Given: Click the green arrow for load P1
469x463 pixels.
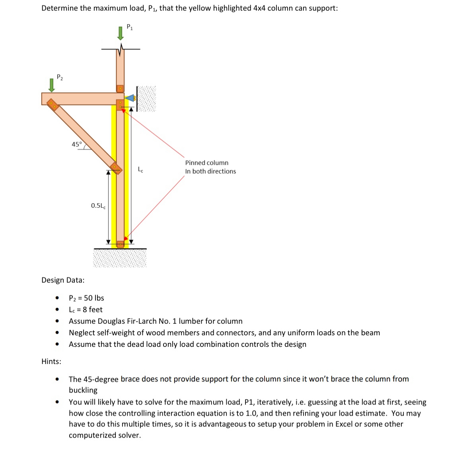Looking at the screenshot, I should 121,33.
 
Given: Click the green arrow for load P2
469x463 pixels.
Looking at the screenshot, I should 51,85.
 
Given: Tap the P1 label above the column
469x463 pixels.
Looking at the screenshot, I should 130,27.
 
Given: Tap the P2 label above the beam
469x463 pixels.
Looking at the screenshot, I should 60,77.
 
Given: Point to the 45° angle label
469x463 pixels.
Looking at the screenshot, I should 77,144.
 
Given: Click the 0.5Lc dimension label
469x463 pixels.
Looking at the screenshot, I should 98,206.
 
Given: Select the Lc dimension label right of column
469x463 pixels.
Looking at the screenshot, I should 140,170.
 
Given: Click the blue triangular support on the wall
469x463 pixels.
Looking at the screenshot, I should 130,98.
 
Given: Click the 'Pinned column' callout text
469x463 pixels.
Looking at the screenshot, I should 206,163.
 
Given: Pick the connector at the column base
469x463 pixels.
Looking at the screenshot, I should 120,244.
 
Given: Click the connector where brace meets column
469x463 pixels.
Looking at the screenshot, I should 116,167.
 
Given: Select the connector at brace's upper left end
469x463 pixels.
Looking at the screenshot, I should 53,105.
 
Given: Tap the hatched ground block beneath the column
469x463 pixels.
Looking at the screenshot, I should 120,258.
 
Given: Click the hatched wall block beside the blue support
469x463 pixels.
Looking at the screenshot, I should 146,98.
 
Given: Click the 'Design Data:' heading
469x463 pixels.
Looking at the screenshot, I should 63,280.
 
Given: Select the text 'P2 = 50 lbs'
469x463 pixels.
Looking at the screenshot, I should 86,298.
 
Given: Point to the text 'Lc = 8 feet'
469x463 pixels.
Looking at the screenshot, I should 86,309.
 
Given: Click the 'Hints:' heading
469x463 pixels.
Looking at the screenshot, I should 51,361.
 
